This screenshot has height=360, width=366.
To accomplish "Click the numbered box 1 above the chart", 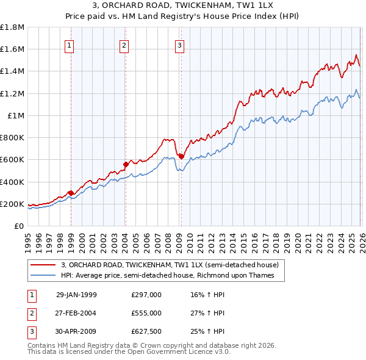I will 70,45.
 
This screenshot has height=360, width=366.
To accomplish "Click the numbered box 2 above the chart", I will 124,45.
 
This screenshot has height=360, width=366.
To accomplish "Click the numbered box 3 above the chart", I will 180,45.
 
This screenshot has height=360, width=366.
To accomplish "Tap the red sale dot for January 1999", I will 71,193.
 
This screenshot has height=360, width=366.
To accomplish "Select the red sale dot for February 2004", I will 126,164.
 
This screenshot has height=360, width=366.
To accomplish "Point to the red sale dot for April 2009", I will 181,156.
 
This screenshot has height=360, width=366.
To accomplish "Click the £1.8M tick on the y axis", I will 12,27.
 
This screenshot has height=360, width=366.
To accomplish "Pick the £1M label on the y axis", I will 16,115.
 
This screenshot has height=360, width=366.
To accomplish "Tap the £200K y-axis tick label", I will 12,204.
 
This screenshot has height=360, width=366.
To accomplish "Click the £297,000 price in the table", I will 146,295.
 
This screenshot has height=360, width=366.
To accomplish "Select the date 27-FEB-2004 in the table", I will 76,313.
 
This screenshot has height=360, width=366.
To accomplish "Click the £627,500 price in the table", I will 146,331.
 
